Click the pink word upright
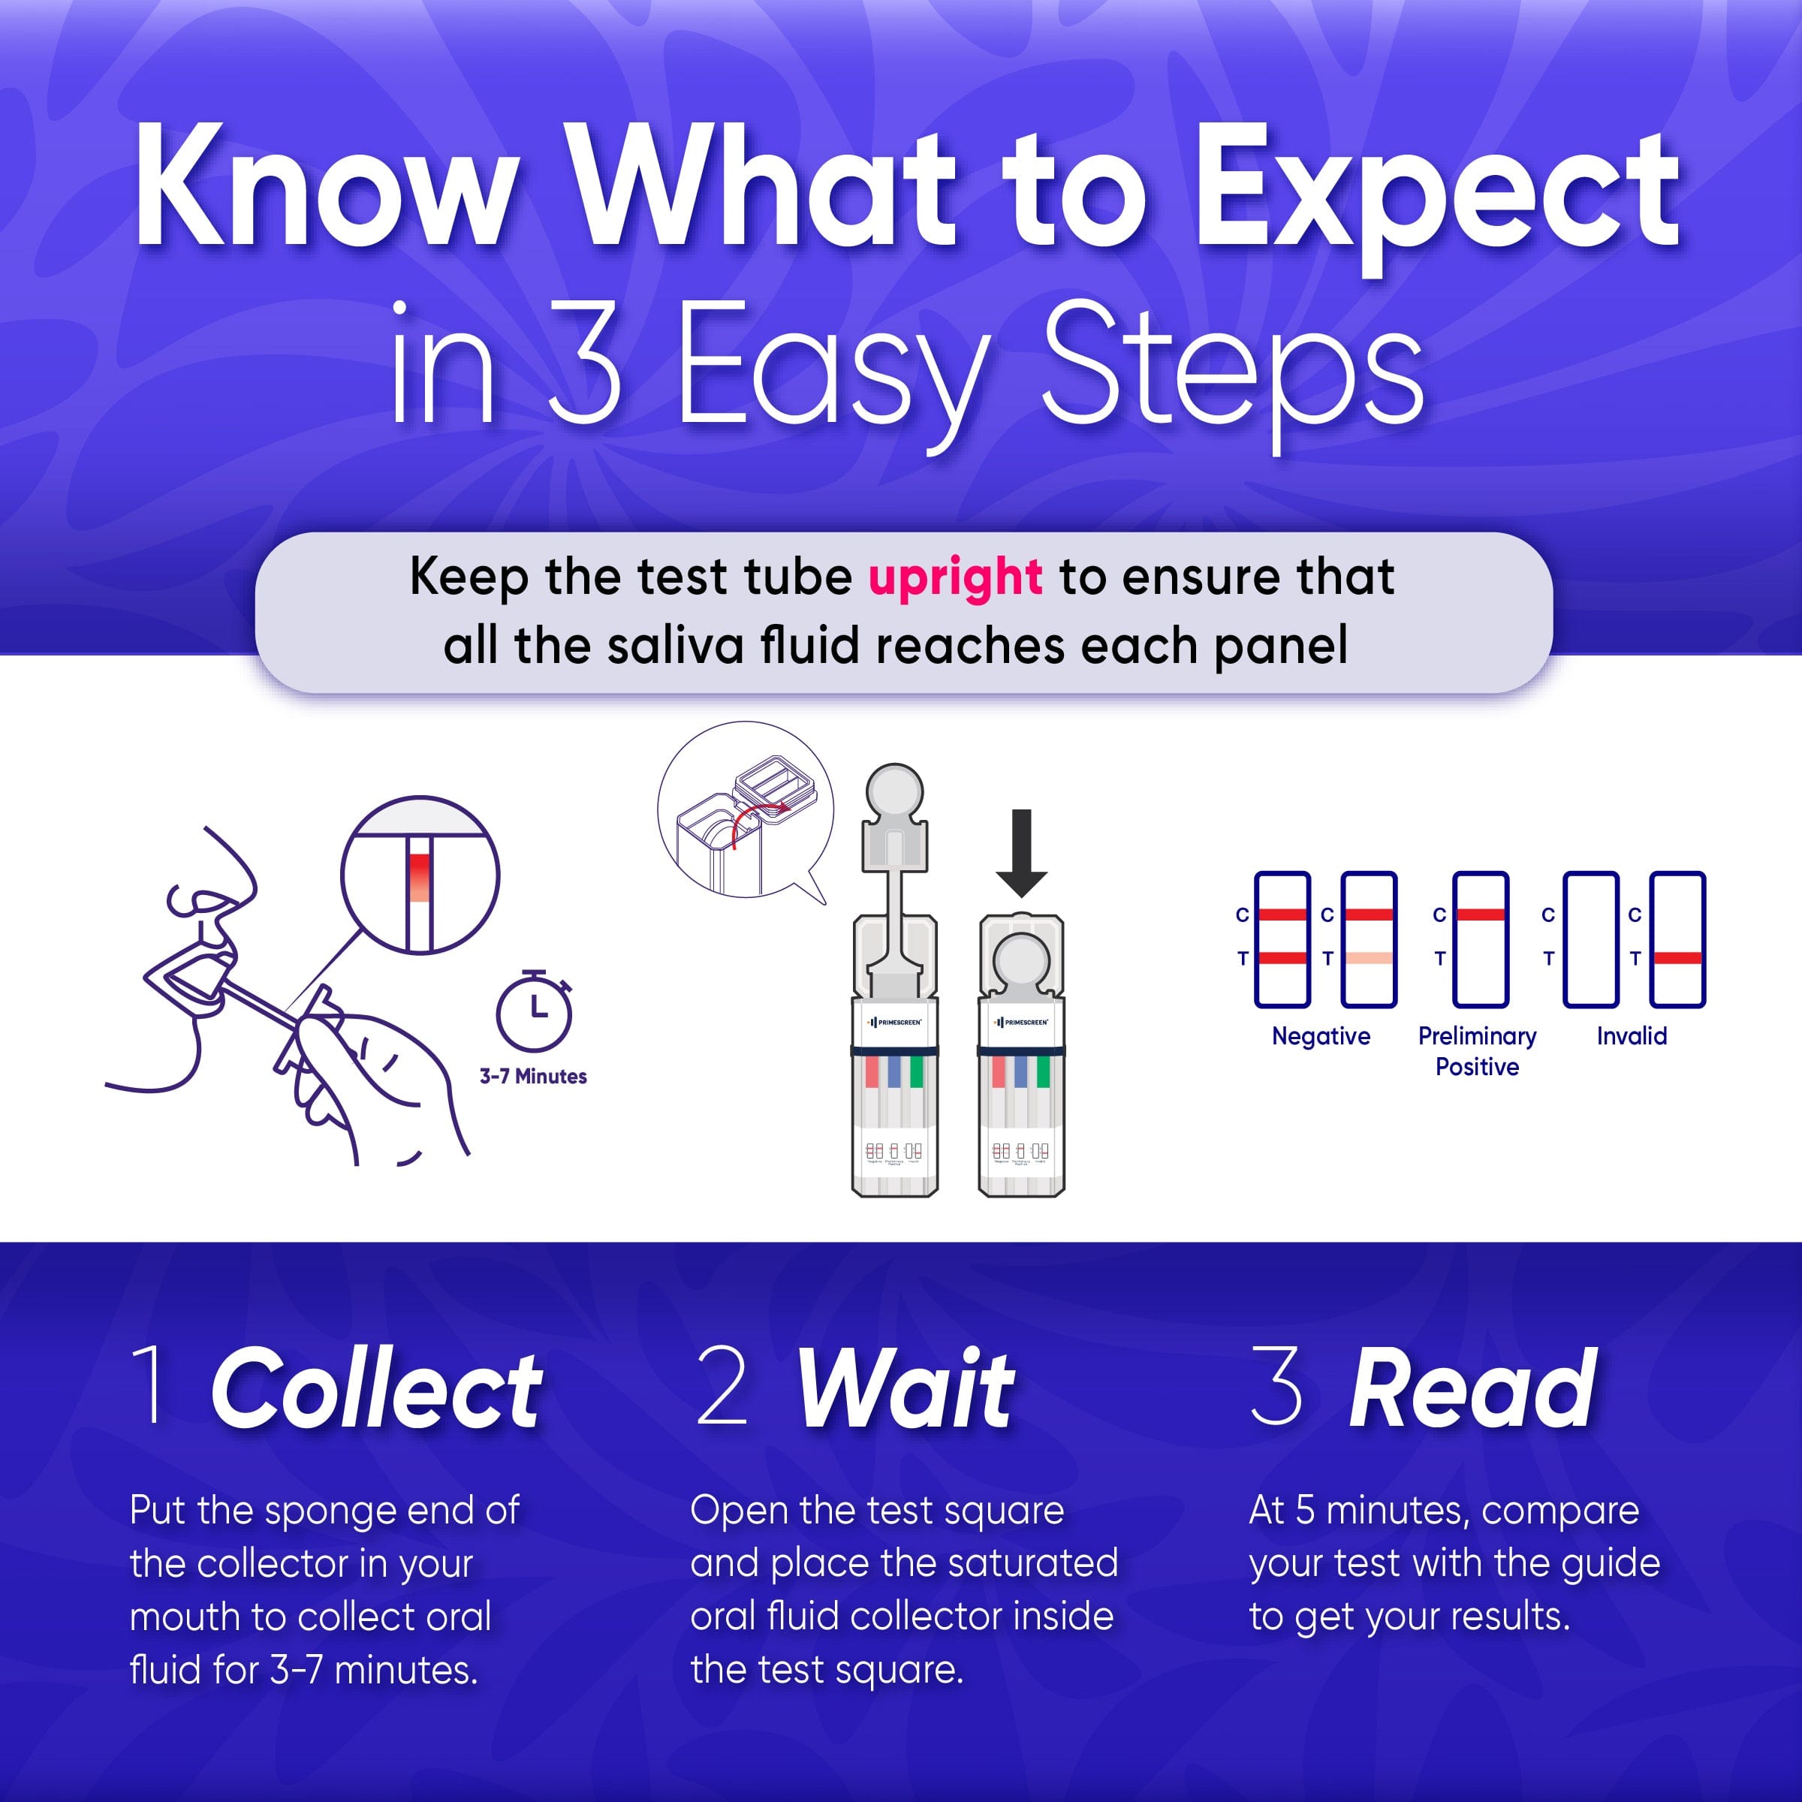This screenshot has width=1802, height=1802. [954, 577]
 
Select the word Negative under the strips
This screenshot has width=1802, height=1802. [1321, 1036]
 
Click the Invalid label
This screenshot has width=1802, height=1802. [1632, 1036]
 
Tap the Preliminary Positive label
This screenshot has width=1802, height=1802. [1476, 1051]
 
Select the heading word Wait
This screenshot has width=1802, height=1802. [904, 1391]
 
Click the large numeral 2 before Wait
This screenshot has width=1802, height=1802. [722, 1388]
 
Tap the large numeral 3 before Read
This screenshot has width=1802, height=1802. [1276, 1388]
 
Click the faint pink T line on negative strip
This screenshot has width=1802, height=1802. [1368, 958]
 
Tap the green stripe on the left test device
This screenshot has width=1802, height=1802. [916, 1071]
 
